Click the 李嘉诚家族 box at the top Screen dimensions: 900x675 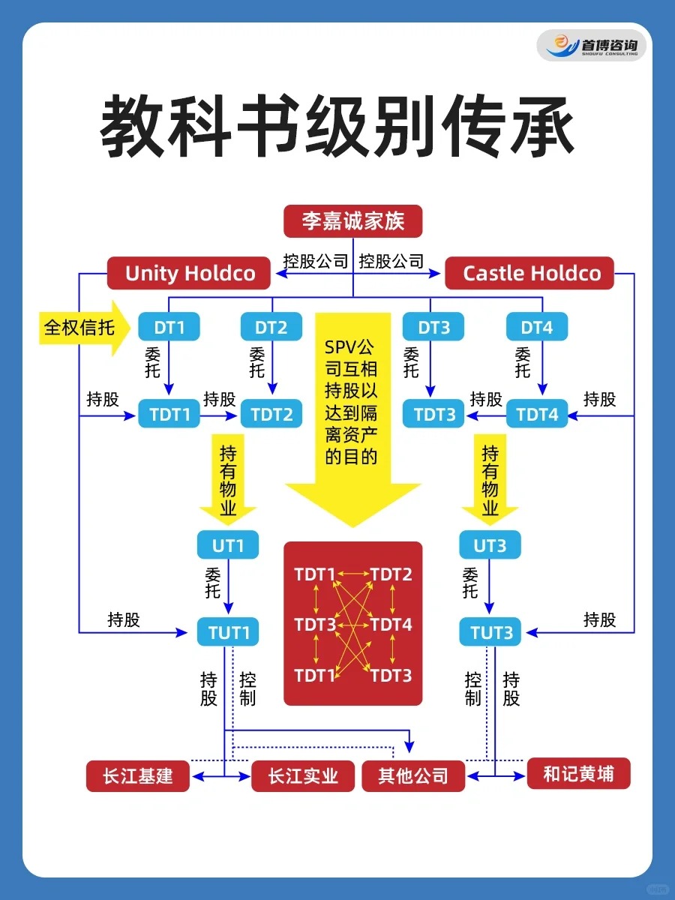[352, 222]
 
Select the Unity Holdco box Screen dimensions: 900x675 [190, 273]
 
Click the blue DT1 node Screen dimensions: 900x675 [169, 327]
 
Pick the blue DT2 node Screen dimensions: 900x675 [271, 327]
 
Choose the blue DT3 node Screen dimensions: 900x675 [433, 327]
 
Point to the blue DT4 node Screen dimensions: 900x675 [536, 327]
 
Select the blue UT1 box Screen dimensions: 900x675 [227, 545]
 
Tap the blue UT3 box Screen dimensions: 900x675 [490, 545]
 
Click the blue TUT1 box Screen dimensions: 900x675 [229, 633]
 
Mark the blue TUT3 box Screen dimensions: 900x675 [491, 633]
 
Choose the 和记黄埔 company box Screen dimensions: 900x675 [578, 773]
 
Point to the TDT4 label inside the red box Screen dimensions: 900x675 [391, 624]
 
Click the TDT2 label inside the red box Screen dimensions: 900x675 [391, 575]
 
